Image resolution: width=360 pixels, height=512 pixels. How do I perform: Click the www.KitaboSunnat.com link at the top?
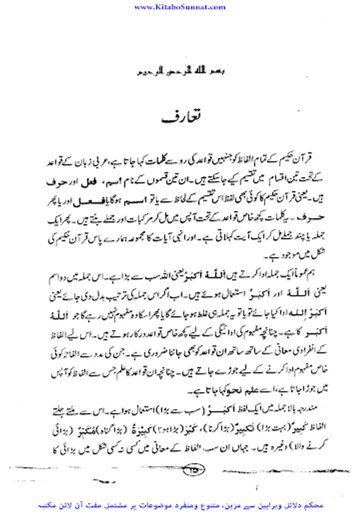click(x=180, y=7)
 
